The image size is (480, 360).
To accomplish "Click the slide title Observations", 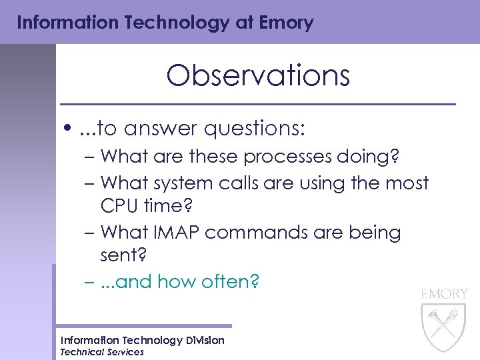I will [257, 76].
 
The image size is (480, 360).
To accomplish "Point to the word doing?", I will [370, 157].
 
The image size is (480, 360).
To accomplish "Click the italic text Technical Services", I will [101, 352].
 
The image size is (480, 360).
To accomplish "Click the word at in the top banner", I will [243, 23].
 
